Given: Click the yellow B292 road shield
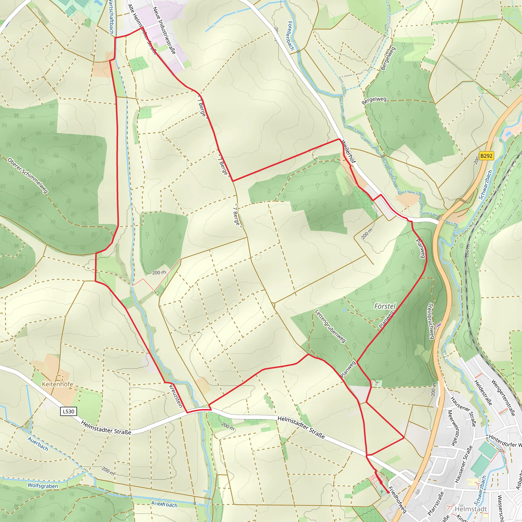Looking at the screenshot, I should click(486, 156).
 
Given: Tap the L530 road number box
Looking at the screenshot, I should click(68, 411).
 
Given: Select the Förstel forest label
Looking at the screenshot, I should click(385, 306).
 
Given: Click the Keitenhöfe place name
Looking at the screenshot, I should click(57, 384).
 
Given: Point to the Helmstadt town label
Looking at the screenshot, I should click(471, 509).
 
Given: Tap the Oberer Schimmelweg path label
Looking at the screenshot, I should click(28, 176).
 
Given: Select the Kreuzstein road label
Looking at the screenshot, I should click(176, 396).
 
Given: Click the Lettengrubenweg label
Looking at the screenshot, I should click(330, 326).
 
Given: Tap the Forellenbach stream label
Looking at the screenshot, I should click(291, 36).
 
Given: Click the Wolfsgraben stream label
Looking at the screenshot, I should click(43, 486).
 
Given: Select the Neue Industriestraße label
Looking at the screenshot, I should click(164, 30).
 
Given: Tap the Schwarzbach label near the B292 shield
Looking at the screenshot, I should click(486, 185).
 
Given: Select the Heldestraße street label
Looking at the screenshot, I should click(483, 393).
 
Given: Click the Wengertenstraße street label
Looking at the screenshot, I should click(503, 398).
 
